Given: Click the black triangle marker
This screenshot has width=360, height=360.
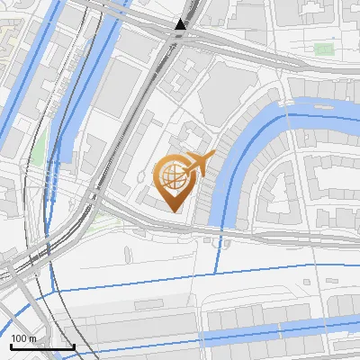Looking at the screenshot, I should click(x=182, y=25).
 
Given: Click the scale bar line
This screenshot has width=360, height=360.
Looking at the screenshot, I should click(x=41, y=346).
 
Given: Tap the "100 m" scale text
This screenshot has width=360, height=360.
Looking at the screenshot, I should click(x=23, y=337).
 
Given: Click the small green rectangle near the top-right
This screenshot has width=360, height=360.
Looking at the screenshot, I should click(x=323, y=48).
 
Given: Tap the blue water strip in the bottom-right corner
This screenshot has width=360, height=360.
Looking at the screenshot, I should click(x=297, y=334).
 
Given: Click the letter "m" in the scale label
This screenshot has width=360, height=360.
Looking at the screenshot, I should click(x=31, y=337).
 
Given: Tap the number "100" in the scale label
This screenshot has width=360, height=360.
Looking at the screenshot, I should click(x=19, y=337).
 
